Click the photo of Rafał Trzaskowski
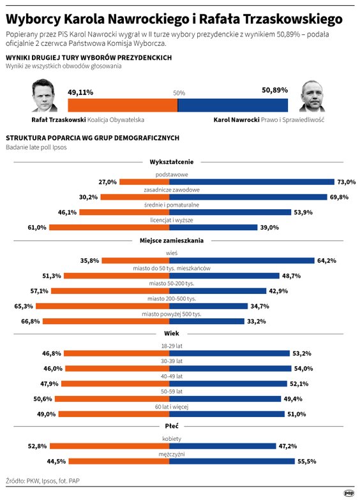pos(44,98)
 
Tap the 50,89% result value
pos(274,92)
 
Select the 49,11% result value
pos(80,92)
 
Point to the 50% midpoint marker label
pos(179,93)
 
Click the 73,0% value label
pos(347,182)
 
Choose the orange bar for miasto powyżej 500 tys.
pos(109,321)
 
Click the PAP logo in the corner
pos(349,492)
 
